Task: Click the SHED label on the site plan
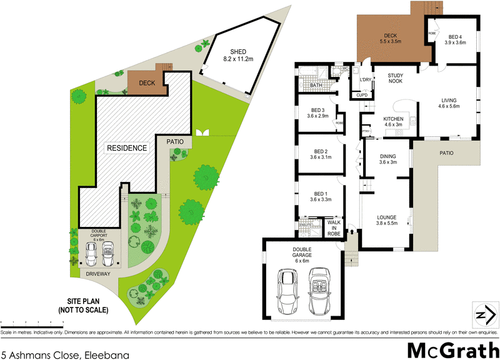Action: pyautogui.click(x=237, y=51)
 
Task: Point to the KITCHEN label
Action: pyautogui.click(x=393, y=119)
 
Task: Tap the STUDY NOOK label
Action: pyautogui.click(x=395, y=78)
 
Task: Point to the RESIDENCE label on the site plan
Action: pyautogui.click(x=126, y=148)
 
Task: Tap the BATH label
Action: pyautogui.click(x=316, y=86)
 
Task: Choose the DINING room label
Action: pyautogui.click(x=388, y=159)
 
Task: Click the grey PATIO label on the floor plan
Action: pyautogui.click(x=446, y=153)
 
